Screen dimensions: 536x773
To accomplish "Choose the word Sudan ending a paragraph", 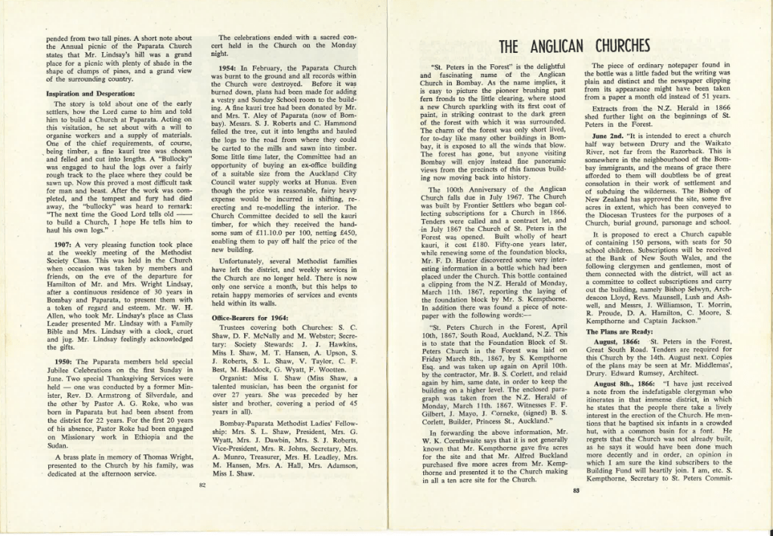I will point(57,445).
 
